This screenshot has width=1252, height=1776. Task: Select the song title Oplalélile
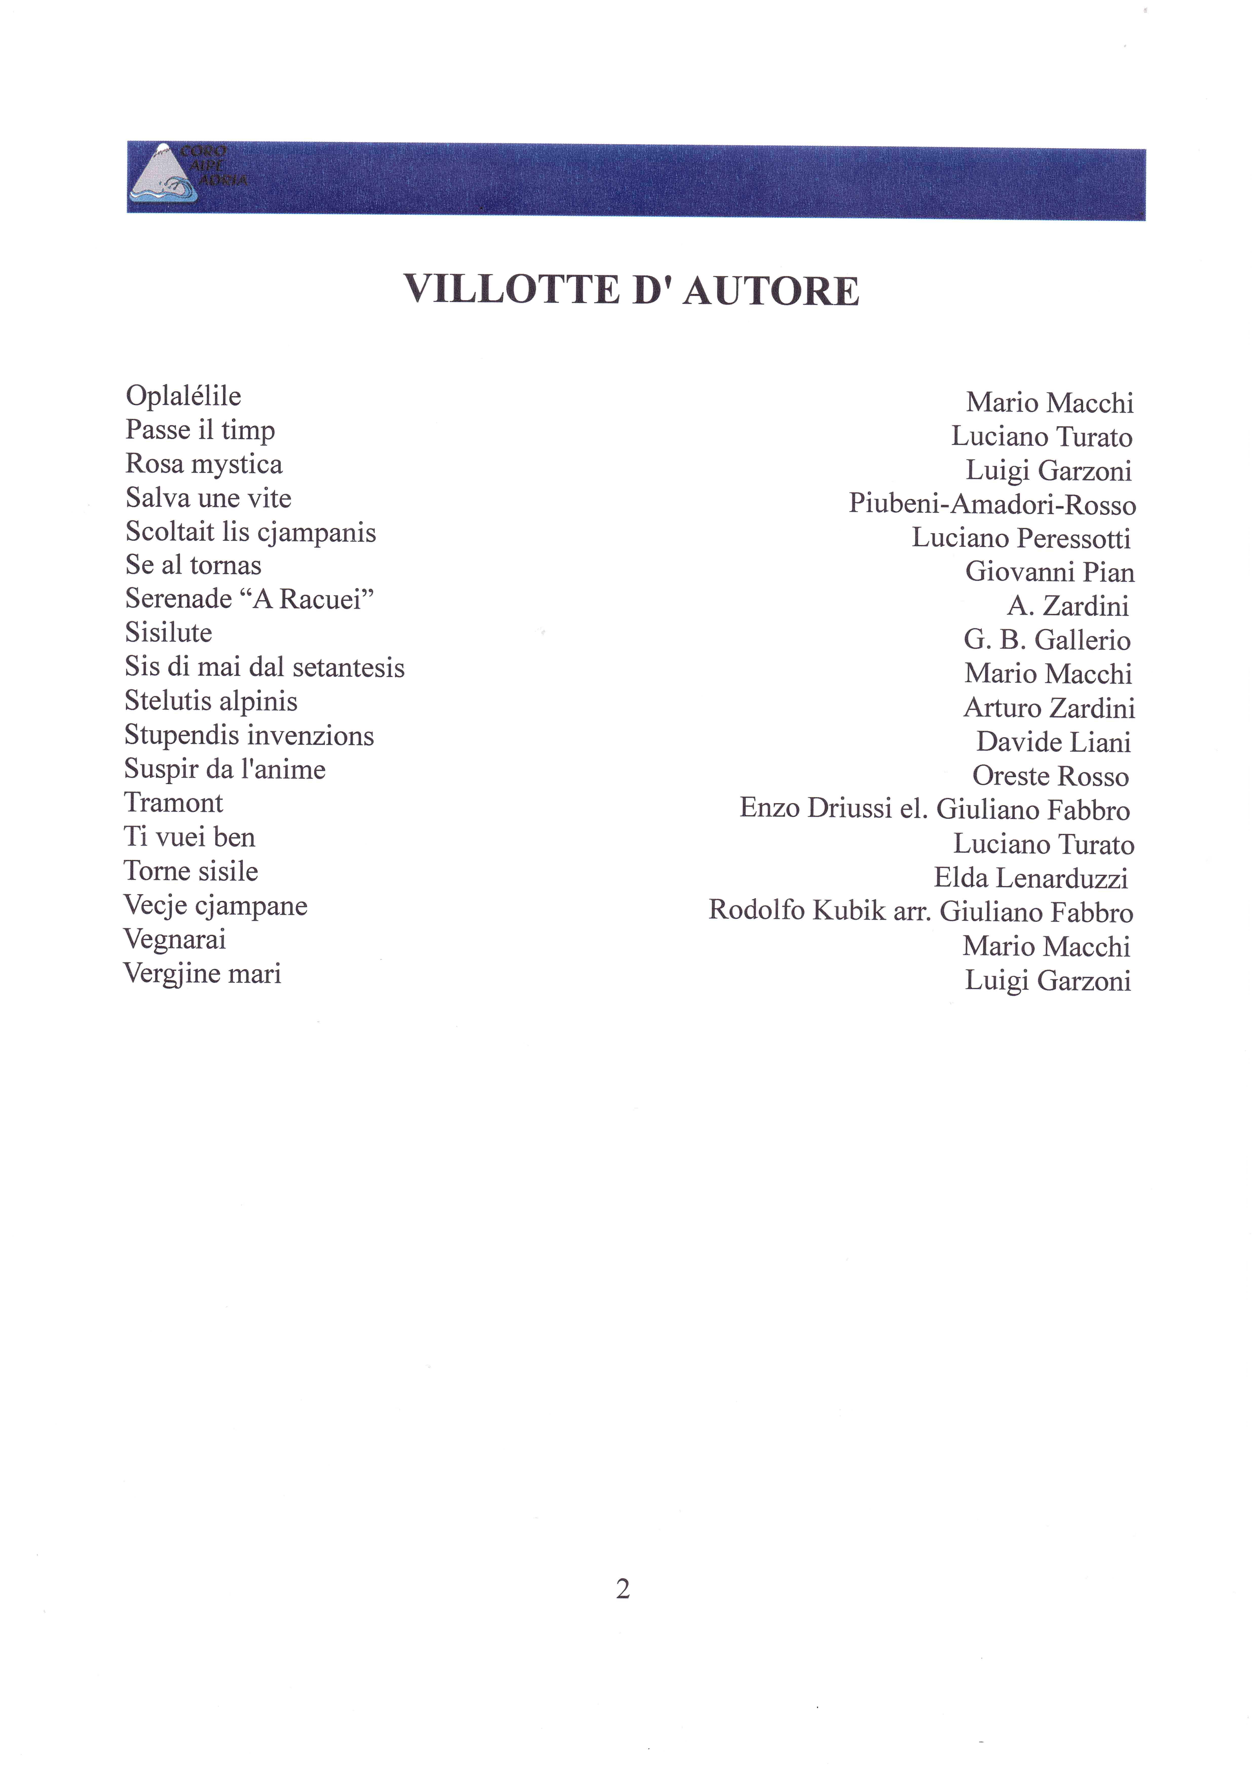[183, 396]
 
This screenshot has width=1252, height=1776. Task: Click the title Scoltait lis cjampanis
[251, 532]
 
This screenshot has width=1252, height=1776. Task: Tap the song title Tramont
[173, 803]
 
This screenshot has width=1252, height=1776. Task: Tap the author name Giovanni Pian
[1049, 572]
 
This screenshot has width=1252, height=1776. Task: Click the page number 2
[623, 1589]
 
